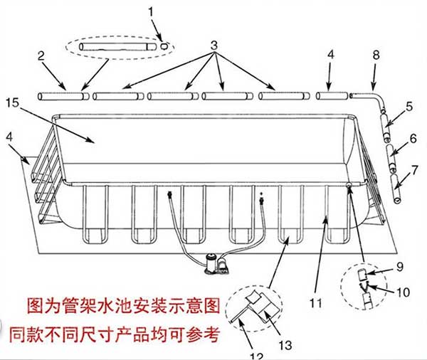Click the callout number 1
pyautogui.click(x=151, y=11)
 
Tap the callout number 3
pyautogui.click(x=213, y=46)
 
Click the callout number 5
pyautogui.click(x=408, y=107)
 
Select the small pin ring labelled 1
pyautogui.click(x=165, y=44)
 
